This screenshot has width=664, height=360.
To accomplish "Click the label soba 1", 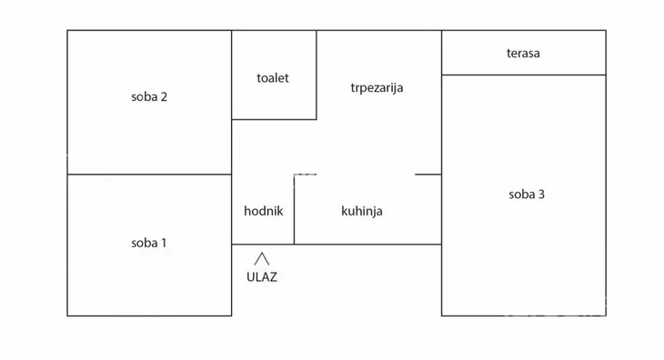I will tap(149, 243).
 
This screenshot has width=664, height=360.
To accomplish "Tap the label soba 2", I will tap(149, 98).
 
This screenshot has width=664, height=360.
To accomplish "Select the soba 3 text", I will tap(527, 194).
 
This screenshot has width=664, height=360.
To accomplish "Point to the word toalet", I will tap(273, 78).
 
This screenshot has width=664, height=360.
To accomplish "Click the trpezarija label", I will tap(377, 88).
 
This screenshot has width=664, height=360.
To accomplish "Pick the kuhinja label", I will tap(362, 211).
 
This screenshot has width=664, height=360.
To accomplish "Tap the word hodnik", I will tap(264, 211).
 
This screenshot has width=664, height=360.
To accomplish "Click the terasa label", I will tap(524, 53).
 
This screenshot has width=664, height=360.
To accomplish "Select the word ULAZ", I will tap(262, 277).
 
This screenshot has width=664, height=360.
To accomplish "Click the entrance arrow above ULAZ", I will tap(262, 259).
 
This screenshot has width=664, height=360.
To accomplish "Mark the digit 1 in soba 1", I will tap(164, 243).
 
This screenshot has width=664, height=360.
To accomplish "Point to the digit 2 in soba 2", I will tap(164, 98).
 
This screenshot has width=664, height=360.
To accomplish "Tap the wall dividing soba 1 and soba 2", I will tap(149, 174).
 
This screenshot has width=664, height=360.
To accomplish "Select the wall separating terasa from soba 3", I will tap(524, 75).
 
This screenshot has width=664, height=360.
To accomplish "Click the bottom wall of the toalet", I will tap(274, 119).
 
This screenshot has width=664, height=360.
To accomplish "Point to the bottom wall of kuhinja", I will tap(367, 244).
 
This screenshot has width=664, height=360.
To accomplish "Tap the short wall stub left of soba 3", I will tap(428, 174).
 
